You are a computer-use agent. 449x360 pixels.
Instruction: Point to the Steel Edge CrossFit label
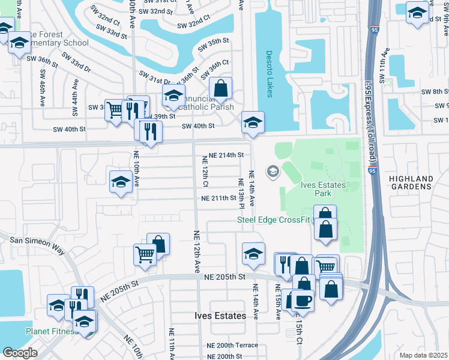[273, 220]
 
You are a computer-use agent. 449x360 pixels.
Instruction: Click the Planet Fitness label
[51, 331]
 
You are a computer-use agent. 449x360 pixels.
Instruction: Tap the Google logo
[20, 353]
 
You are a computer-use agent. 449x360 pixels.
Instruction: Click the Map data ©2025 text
[423, 355]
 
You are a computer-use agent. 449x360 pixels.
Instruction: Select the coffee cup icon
[304, 300]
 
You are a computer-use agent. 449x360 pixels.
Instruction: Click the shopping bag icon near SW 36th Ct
[221, 88]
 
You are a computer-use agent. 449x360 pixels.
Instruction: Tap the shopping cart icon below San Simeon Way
[145, 254]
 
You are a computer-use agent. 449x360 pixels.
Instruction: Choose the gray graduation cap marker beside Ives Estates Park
[273, 173]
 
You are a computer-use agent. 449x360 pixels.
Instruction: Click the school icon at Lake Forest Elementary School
[20, 43]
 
